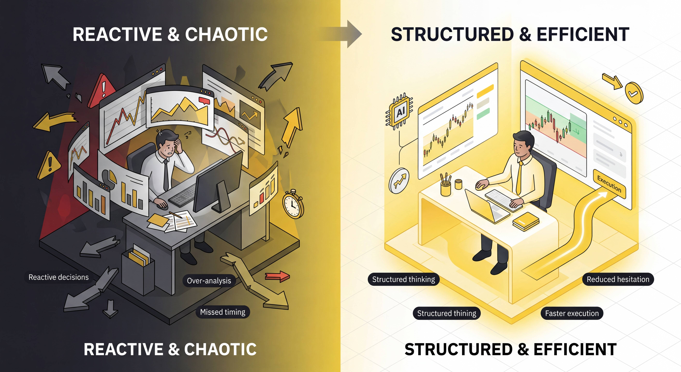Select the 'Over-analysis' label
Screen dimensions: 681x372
(209, 281)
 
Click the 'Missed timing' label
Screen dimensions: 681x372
(223, 312)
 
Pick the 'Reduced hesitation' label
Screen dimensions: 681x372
(618, 279)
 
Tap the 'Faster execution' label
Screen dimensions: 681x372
(572, 314)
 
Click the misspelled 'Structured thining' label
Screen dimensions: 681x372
(447, 314)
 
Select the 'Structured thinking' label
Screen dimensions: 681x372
(403, 279)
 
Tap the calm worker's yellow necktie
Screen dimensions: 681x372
(519, 177)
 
